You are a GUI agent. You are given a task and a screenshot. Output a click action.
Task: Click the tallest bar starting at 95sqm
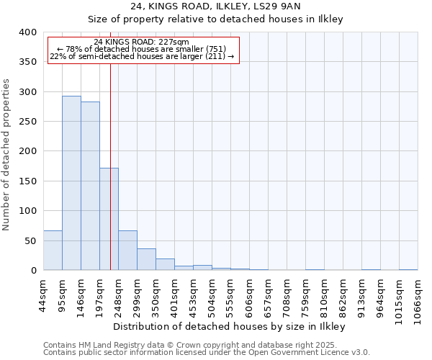pos(71,183)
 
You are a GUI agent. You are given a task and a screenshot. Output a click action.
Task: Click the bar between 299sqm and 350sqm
pos(146,259)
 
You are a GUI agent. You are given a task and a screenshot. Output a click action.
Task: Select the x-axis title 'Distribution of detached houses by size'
pos(230,327)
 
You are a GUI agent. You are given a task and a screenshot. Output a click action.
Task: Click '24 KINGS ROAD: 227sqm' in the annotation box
pos(141,42)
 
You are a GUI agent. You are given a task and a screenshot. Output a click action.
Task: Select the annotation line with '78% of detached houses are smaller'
pos(141,49)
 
